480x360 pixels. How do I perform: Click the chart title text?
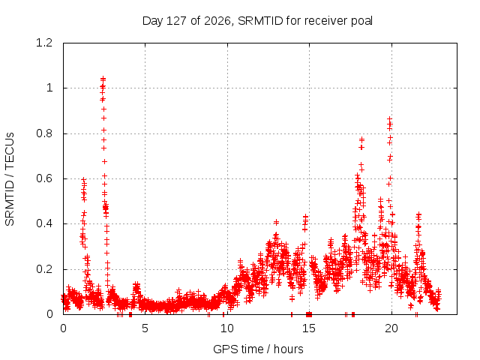pos(257,21)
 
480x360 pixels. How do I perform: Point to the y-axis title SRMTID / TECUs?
pos(10,179)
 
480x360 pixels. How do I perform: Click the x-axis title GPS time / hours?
pos(258,349)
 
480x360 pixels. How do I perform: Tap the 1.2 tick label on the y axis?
pos(44,43)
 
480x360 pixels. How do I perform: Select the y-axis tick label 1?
pos(49,88)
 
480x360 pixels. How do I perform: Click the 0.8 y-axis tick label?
pos(44,133)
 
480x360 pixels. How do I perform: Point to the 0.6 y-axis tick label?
pos(44,178)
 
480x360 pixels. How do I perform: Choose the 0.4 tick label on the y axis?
pos(44,223)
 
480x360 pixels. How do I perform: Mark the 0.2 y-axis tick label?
pos(44,269)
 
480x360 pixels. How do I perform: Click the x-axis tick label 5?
pos(145,328)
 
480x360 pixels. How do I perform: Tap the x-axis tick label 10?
pos(227,328)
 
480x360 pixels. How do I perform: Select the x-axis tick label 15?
pos(309,328)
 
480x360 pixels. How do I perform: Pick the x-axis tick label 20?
pos(391,328)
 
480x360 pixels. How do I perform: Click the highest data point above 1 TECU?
pos(103,79)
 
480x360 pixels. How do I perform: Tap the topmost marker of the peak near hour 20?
pos(389,118)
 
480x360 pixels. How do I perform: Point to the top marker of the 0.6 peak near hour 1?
pos(83,180)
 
